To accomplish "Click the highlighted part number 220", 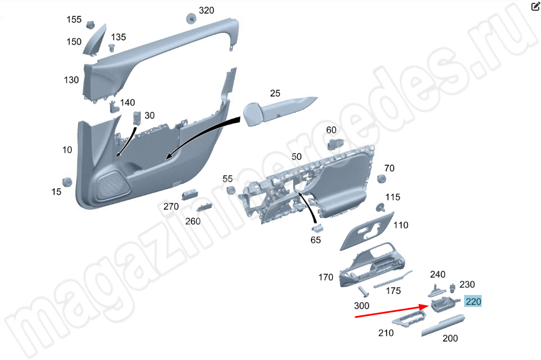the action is point(473,302).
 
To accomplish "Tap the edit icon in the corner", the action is point(535,6).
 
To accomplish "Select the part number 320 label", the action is point(206,11).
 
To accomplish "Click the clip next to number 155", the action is point(90,24).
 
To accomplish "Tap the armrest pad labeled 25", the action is point(278,111).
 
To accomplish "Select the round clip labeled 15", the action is point(67,182).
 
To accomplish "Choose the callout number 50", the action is point(296,157).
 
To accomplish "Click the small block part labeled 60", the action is point(335,144).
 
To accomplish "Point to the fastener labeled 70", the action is point(381,179).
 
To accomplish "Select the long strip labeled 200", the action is point(443,325).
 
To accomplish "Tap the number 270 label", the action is point(171,206).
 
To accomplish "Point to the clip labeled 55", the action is point(231,190).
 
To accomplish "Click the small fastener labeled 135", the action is point(111,47).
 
